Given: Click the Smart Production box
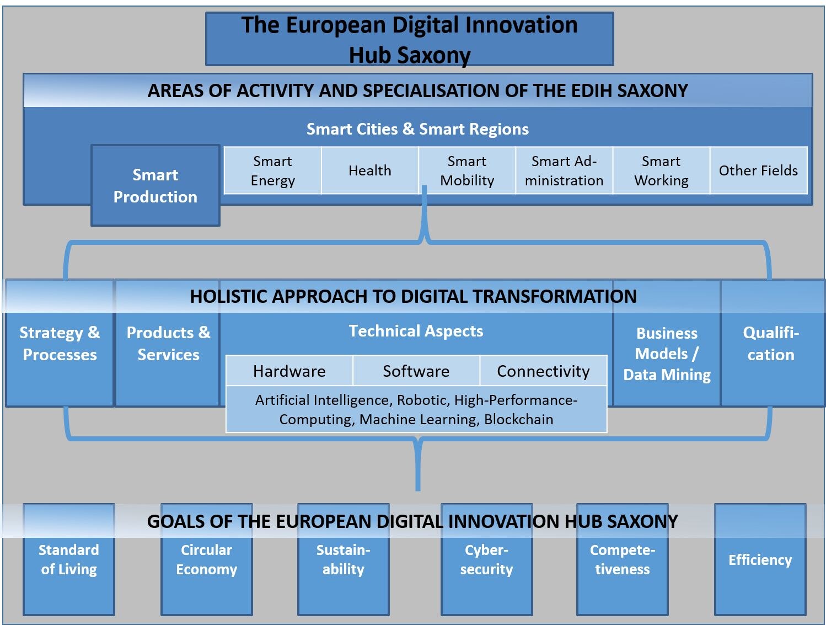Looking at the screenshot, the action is (x=155, y=185).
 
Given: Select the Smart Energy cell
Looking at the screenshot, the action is (x=273, y=170).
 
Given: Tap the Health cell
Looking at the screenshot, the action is (x=370, y=170).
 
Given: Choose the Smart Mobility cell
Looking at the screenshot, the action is (x=467, y=170).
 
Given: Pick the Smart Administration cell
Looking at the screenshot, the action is (x=564, y=170).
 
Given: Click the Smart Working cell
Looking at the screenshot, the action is (x=661, y=170).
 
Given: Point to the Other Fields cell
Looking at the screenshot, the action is (x=759, y=170).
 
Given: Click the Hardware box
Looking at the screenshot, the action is (x=289, y=371).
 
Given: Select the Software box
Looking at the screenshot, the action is (x=416, y=371).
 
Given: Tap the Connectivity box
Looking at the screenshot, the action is (x=543, y=371).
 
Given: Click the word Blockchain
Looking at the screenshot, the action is (x=518, y=419).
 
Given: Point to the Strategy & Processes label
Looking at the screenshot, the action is (x=60, y=343).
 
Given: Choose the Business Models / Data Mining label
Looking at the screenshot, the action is (x=667, y=354).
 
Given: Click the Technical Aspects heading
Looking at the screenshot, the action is (x=416, y=331).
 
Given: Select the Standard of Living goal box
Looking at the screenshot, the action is (x=69, y=559).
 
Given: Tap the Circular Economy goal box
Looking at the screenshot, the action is (x=207, y=559).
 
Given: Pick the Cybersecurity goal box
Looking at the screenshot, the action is (x=486, y=559).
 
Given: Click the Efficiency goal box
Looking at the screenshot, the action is (x=760, y=559).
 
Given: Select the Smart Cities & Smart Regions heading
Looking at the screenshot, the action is (x=418, y=129).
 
